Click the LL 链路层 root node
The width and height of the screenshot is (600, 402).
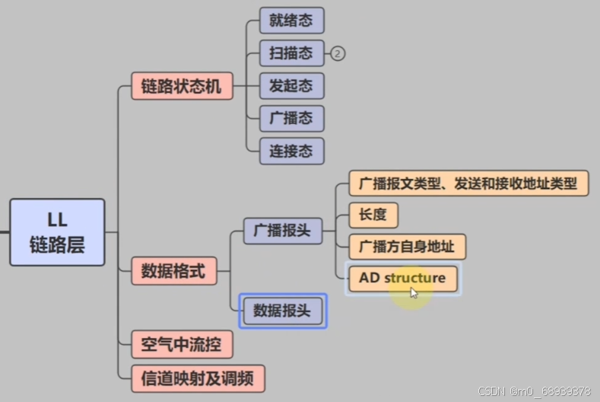coord(57,232)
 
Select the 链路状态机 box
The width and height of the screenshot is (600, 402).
coord(182,86)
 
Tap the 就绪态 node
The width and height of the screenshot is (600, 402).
coord(291,21)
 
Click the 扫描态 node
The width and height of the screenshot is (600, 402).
coord(291,53)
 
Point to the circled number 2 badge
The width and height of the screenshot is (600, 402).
coord(338,53)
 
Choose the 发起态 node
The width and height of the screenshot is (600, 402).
coord(291,85)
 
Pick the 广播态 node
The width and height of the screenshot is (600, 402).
coord(291,118)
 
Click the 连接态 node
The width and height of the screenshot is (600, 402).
coord(291,151)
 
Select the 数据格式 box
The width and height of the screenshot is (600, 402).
coord(174,271)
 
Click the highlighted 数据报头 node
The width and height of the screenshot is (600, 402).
coord(283,311)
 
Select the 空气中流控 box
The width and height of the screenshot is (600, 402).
coord(182,345)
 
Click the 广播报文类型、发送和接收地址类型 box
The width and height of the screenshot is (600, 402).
coord(468,183)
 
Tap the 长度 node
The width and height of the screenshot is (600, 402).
coord(373,215)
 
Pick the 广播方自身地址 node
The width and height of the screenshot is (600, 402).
coord(407,247)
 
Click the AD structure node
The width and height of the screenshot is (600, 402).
coord(403,278)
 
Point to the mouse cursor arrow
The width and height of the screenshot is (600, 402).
coord(414,292)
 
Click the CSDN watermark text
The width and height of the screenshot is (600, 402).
coord(534,391)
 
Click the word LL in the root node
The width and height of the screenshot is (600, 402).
coord(57,221)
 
